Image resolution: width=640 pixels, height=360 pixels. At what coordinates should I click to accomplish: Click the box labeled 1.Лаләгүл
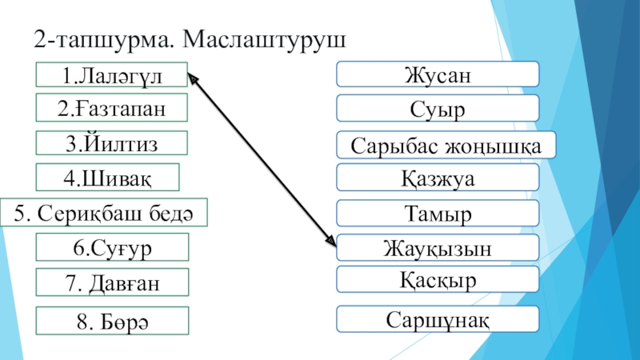(x=112, y=75)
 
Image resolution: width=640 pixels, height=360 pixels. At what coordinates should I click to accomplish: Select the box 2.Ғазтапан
(x=112, y=108)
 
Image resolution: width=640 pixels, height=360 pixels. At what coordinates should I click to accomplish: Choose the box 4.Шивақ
(x=108, y=177)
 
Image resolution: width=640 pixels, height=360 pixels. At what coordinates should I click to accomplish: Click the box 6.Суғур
(x=112, y=247)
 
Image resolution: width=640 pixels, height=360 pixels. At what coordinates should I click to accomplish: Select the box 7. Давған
(x=112, y=282)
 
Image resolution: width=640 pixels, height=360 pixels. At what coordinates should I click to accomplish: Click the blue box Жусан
(x=437, y=75)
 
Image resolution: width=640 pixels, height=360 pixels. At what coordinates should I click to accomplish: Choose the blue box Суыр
(x=437, y=107)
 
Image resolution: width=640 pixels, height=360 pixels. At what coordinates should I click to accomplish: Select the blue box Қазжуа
(x=437, y=178)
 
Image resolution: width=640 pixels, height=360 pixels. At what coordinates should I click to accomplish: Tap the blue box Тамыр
(x=437, y=213)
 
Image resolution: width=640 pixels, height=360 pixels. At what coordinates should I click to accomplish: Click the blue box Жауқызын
(x=437, y=248)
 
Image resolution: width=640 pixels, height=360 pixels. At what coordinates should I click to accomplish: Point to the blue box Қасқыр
(x=437, y=280)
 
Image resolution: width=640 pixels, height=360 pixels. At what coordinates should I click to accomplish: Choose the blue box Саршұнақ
(x=437, y=319)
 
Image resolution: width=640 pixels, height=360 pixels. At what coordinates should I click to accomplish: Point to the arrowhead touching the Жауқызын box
(x=330, y=239)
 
